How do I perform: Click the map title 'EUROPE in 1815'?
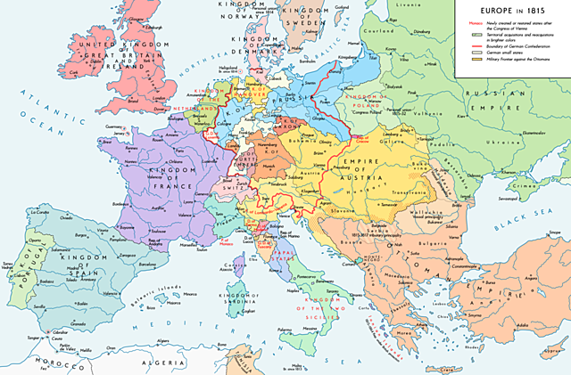coord(512,6)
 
